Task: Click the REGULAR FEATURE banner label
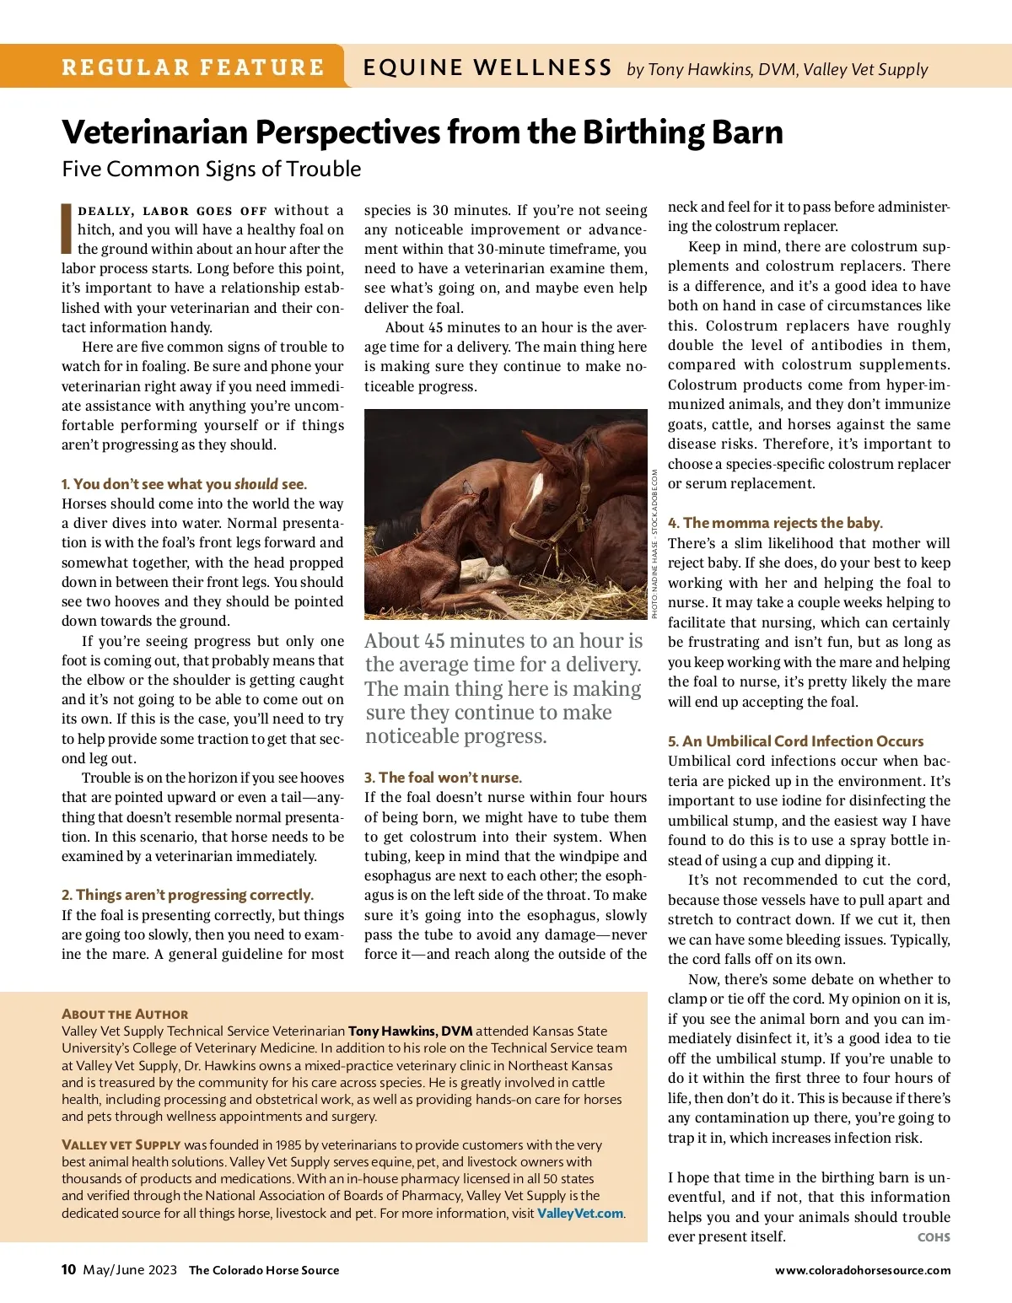click(193, 67)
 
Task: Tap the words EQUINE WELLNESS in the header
click(487, 67)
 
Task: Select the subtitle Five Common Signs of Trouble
click(211, 169)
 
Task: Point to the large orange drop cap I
click(67, 229)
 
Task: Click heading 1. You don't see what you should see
click(184, 484)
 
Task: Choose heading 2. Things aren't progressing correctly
click(187, 895)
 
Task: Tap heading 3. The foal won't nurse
click(443, 778)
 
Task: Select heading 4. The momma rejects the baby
click(775, 523)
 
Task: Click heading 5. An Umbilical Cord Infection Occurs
click(795, 741)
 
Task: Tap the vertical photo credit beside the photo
click(655, 544)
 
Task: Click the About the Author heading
click(125, 1015)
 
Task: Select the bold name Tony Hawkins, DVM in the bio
click(410, 1031)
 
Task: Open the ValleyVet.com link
click(580, 1213)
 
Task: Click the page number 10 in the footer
click(69, 1269)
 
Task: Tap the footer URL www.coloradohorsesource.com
click(863, 1270)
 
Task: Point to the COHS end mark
click(934, 1237)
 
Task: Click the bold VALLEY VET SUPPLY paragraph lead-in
click(121, 1144)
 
